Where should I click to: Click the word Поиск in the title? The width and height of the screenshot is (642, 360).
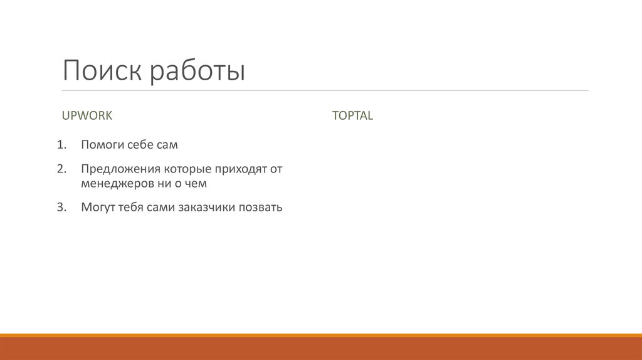[102, 71]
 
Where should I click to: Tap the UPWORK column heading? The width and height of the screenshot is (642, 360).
[87, 115]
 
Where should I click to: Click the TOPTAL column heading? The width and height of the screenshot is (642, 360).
[352, 115]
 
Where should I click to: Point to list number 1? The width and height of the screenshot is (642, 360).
[61, 145]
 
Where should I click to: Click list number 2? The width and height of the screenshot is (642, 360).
[61, 169]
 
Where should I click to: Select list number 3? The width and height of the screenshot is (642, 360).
[61, 208]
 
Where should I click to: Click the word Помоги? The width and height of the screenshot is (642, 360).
[101, 145]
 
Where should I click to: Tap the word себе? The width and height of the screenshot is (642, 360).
[140, 145]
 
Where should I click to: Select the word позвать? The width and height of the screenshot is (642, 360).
[260, 208]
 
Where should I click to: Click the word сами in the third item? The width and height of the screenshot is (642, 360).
[162, 208]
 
